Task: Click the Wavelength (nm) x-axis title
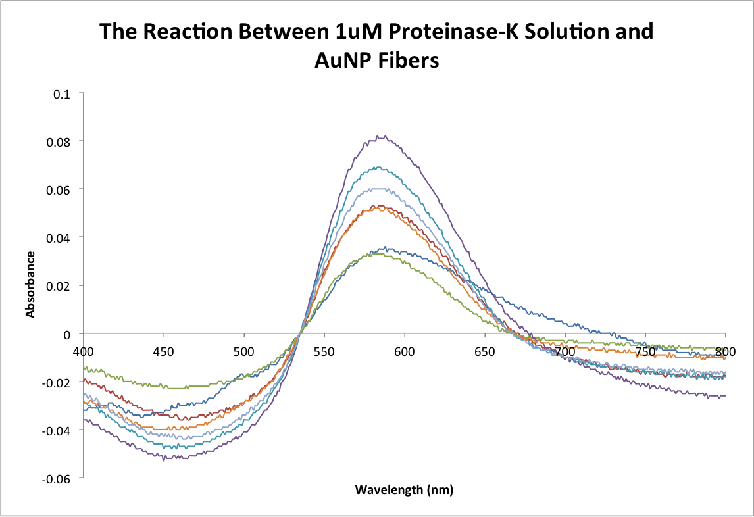(x=404, y=490)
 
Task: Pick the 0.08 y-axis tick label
(x=60, y=141)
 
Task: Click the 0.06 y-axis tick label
(x=60, y=189)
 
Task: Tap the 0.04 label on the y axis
(x=60, y=237)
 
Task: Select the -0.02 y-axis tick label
(x=58, y=382)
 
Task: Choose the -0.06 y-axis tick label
(x=58, y=478)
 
